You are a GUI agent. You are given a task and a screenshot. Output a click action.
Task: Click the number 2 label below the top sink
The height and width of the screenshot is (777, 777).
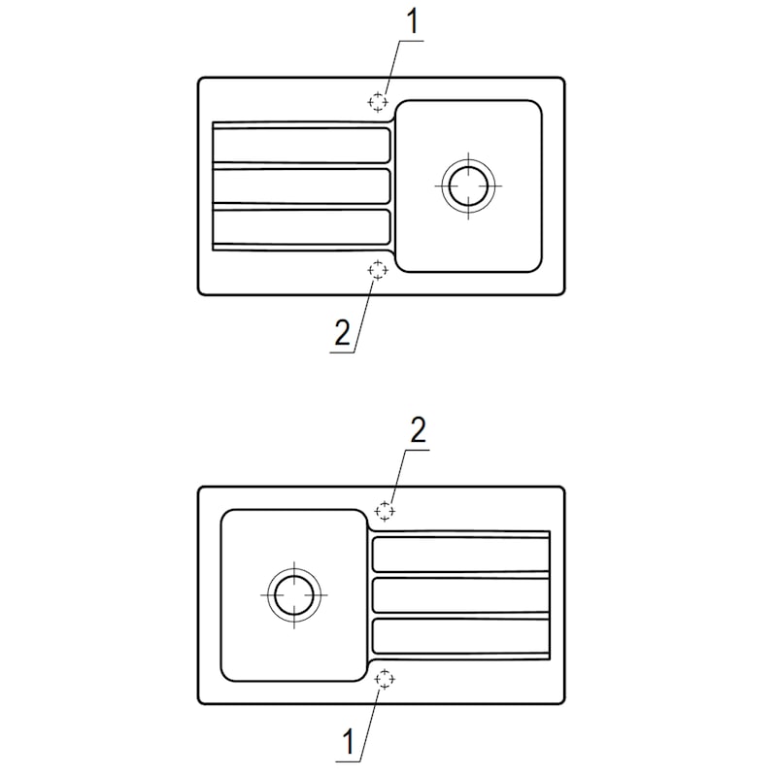[341, 333]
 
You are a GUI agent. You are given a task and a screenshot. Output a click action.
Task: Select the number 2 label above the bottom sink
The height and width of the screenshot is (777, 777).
[418, 432]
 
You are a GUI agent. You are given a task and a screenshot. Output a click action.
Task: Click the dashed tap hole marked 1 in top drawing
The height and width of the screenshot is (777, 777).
[378, 101]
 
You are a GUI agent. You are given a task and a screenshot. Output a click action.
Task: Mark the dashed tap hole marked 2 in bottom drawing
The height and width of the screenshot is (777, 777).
[386, 510]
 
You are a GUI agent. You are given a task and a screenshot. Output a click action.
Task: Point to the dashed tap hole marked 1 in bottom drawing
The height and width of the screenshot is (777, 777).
[386, 679]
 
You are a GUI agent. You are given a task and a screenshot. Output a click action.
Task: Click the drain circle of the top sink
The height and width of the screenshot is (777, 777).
[467, 184]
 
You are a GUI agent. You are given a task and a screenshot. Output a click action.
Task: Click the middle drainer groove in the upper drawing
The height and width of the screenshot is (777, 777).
[301, 185]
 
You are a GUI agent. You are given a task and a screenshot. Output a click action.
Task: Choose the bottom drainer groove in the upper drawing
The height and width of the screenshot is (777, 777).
[301, 225]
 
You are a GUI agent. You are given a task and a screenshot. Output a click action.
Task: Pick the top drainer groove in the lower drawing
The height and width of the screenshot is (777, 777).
[460, 554]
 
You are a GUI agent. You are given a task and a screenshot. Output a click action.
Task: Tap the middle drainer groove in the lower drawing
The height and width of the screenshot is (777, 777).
[460, 593]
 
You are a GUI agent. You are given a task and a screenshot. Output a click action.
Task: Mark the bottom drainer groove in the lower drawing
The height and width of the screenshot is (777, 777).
[460, 635]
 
